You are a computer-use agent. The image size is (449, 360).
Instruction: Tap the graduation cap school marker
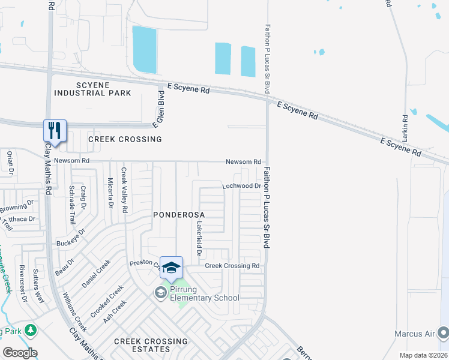(171, 268)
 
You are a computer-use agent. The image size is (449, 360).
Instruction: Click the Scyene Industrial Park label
(92, 89)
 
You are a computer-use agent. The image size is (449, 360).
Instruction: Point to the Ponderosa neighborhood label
(179, 214)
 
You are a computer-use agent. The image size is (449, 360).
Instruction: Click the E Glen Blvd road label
(160, 109)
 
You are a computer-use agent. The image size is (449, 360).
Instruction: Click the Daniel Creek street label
(96, 273)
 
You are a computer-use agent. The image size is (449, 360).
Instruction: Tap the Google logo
(20, 353)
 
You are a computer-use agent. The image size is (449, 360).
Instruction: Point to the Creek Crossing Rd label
(232, 265)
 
